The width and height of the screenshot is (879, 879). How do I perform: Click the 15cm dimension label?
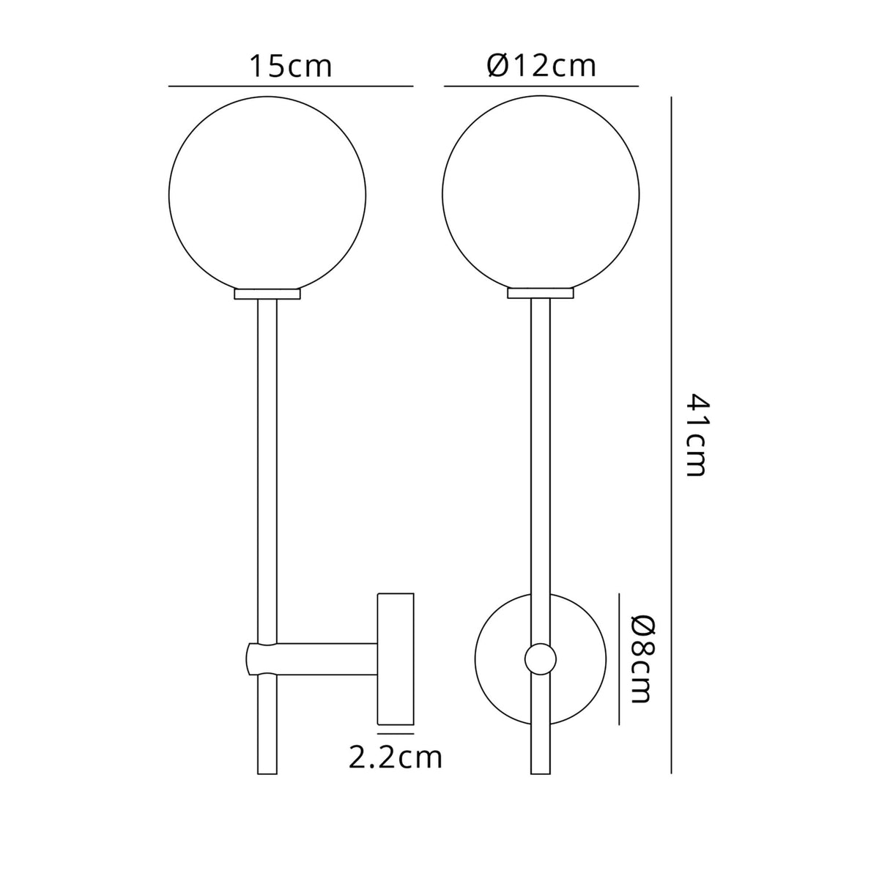291,66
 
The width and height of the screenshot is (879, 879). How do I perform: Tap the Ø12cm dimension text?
541,66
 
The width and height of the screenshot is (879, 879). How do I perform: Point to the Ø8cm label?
641,659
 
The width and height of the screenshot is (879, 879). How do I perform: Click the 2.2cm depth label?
396,757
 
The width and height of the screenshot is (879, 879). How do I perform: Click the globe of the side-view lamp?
267,193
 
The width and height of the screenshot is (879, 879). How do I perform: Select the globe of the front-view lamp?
541,193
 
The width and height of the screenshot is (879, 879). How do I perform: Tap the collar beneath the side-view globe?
267,294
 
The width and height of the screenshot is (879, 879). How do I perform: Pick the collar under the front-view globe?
541,294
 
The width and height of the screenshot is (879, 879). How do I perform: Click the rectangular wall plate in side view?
396,657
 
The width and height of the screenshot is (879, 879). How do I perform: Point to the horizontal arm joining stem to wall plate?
327,659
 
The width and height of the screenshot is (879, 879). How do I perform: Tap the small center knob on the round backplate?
540,659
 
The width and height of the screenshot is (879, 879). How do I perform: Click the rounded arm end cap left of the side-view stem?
252,659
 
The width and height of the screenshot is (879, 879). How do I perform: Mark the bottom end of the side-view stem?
267,771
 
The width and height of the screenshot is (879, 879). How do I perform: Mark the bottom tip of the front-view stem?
541,771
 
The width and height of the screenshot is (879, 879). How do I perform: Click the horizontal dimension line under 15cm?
291,86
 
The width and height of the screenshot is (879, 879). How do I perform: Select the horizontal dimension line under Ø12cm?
541,86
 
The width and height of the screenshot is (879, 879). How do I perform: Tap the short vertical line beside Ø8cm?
620,658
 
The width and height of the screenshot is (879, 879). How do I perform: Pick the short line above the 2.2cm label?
396,732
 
